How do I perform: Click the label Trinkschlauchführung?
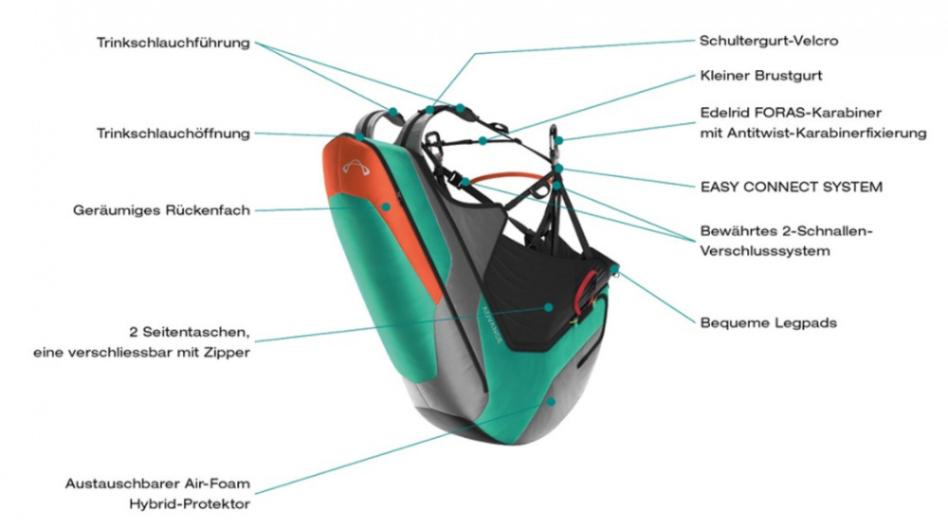(173, 43)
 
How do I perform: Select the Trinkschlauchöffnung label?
(173, 133)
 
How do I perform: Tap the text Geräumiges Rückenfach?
(161, 210)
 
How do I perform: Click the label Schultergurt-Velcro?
(769, 41)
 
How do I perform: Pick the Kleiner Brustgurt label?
(761, 76)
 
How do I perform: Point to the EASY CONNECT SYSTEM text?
(792, 187)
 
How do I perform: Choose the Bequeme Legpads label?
(769, 323)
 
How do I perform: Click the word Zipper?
(228, 353)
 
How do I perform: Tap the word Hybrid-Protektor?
(190, 503)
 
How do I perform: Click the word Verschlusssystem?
(765, 251)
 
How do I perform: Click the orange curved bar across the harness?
(509, 176)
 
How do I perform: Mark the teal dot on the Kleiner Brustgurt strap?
(483, 141)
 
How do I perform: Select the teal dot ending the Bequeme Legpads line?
(614, 268)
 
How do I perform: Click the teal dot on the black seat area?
(548, 307)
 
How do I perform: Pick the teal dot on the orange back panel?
(386, 207)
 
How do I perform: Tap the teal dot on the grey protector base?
(551, 401)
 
